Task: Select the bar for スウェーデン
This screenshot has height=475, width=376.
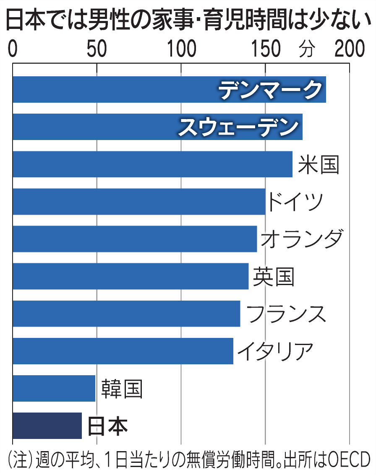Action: (157, 127)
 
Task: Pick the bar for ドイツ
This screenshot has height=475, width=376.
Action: (139, 202)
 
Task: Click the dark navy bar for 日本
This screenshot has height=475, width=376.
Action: (47, 426)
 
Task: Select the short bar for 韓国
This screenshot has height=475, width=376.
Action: (54, 388)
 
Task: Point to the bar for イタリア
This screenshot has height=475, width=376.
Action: (123, 351)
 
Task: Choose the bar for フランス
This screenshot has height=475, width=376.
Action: (126, 314)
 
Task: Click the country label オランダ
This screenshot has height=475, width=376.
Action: (302, 239)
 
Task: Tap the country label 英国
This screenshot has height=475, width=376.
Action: (274, 276)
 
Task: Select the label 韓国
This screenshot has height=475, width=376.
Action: (122, 389)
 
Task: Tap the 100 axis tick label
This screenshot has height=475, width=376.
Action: (182, 49)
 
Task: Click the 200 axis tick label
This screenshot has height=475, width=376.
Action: (350, 49)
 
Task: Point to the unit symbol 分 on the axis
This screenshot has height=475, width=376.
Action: (307, 50)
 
